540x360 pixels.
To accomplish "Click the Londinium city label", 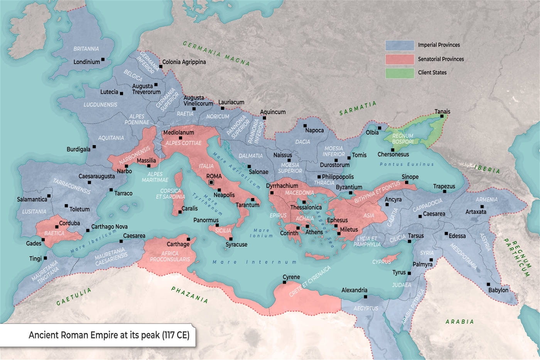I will [86, 62].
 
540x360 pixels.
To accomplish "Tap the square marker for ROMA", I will [211, 183].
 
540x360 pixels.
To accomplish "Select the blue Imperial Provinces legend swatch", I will [400, 45].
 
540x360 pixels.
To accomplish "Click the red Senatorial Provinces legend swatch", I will [400, 59].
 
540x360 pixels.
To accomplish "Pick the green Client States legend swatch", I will [400, 73].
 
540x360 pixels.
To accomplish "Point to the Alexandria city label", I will [354, 290].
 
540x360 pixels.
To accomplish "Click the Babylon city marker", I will [488, 285].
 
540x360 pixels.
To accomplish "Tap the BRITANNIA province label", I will [86, 49].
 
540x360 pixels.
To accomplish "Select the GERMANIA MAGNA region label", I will [216, 53].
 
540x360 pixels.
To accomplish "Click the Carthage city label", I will [178, 244].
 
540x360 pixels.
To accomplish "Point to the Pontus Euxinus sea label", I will [407, 164].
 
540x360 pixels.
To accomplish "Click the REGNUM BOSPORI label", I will [403, 139].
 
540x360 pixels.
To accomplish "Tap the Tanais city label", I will [442, 112].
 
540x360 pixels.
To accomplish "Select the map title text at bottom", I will [109, 335].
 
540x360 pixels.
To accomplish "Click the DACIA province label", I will [302, 142].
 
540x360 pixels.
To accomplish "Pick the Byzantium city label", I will [349, 187].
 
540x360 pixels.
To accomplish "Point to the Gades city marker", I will [43, 240].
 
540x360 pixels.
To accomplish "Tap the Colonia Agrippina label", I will [184, 62].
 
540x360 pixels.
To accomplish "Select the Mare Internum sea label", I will [255, 262].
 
